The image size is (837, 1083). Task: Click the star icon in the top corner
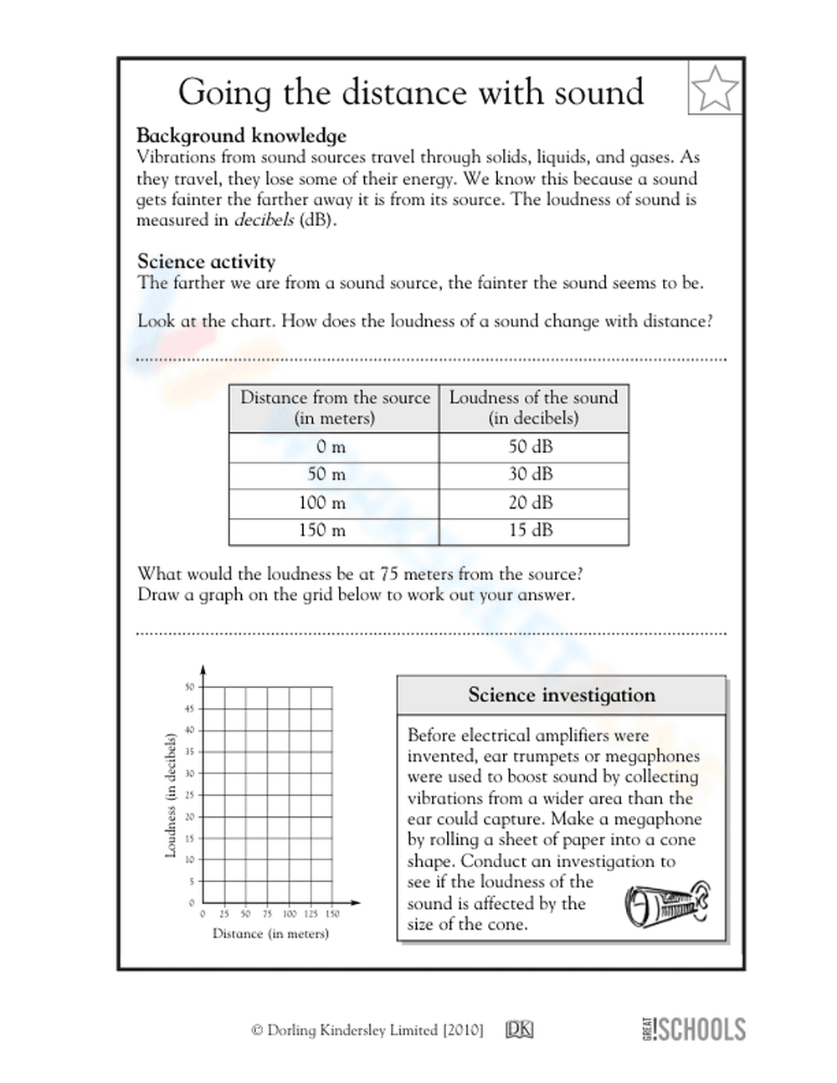716,87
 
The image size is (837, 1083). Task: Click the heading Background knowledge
241,136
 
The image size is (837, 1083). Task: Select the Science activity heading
206,261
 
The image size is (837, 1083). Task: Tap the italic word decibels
264,221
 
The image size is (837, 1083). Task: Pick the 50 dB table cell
531,446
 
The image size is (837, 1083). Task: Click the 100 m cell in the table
322,502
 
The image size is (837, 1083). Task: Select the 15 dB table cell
531,530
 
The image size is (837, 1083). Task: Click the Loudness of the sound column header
533,408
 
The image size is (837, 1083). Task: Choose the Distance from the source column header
335,408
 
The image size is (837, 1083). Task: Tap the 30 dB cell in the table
531,474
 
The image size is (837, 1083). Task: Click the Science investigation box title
562,695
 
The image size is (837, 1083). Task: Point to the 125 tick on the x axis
311,914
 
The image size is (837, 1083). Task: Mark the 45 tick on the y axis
190,709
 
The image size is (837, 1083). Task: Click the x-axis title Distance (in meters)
270,933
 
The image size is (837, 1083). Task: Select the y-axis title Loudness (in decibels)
171,795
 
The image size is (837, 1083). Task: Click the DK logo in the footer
519,1030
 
